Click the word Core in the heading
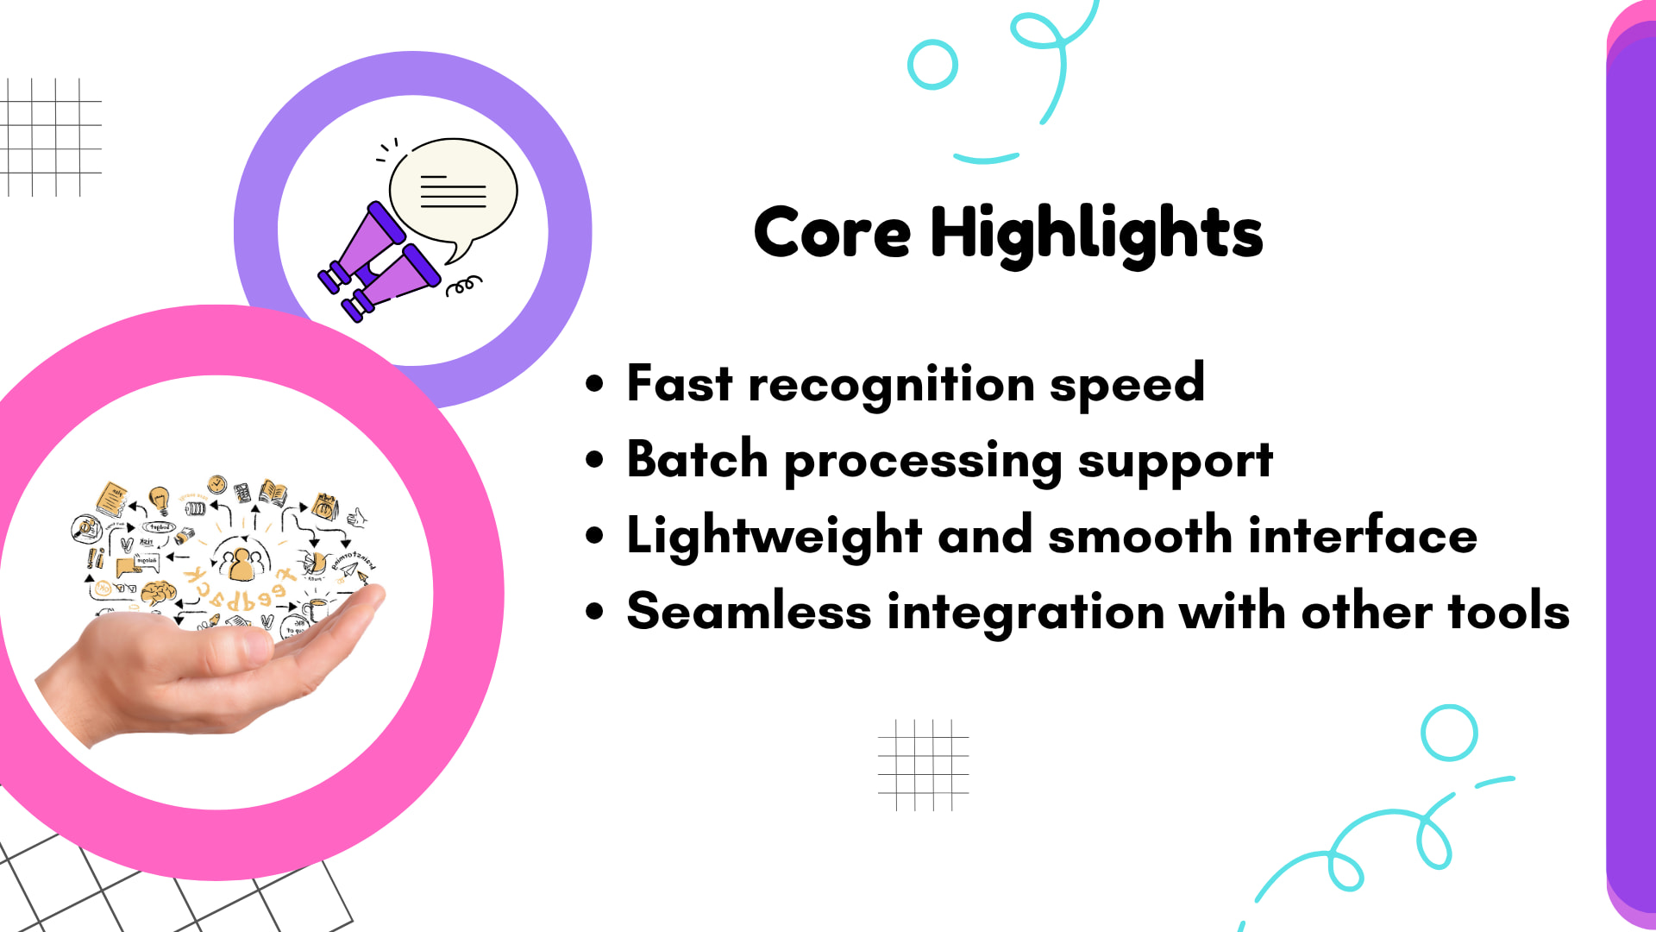point(831,233)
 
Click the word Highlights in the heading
point(1096,233)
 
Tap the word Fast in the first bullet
point(679,383)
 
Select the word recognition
point(891,385)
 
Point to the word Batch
point(697,459)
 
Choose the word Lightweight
point(774,536)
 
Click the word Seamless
point(749,611)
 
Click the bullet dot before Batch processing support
point(594,459)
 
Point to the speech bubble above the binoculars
point(453,192)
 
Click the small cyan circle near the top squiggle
point(932,65)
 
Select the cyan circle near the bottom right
point(1449,733)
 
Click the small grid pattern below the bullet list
point(923,765)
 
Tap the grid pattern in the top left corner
point(52,136)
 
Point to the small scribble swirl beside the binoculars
point(463,286)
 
